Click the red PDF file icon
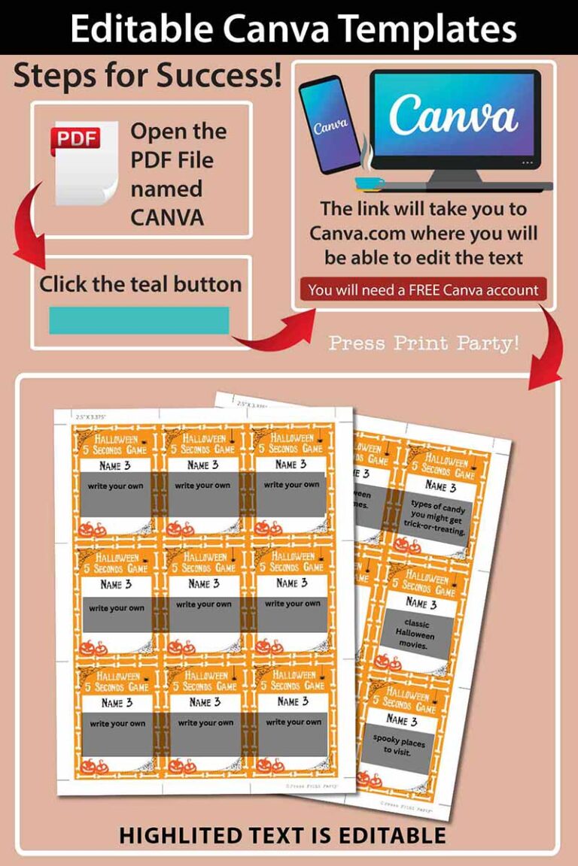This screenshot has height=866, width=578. coord(84,162)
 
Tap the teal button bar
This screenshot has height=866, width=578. coord(139,320)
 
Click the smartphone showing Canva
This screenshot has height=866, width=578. coord(330,126)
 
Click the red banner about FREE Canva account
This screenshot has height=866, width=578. coord(423,289)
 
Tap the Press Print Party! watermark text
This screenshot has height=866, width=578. coord(424,344)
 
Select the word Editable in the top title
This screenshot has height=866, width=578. coord(144,29)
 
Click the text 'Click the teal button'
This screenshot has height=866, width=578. coord(141,284)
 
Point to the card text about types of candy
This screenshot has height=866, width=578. coord(438,519)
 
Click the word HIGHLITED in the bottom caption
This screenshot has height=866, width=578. coord(192,835)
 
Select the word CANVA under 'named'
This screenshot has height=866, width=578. coord(167,217)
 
